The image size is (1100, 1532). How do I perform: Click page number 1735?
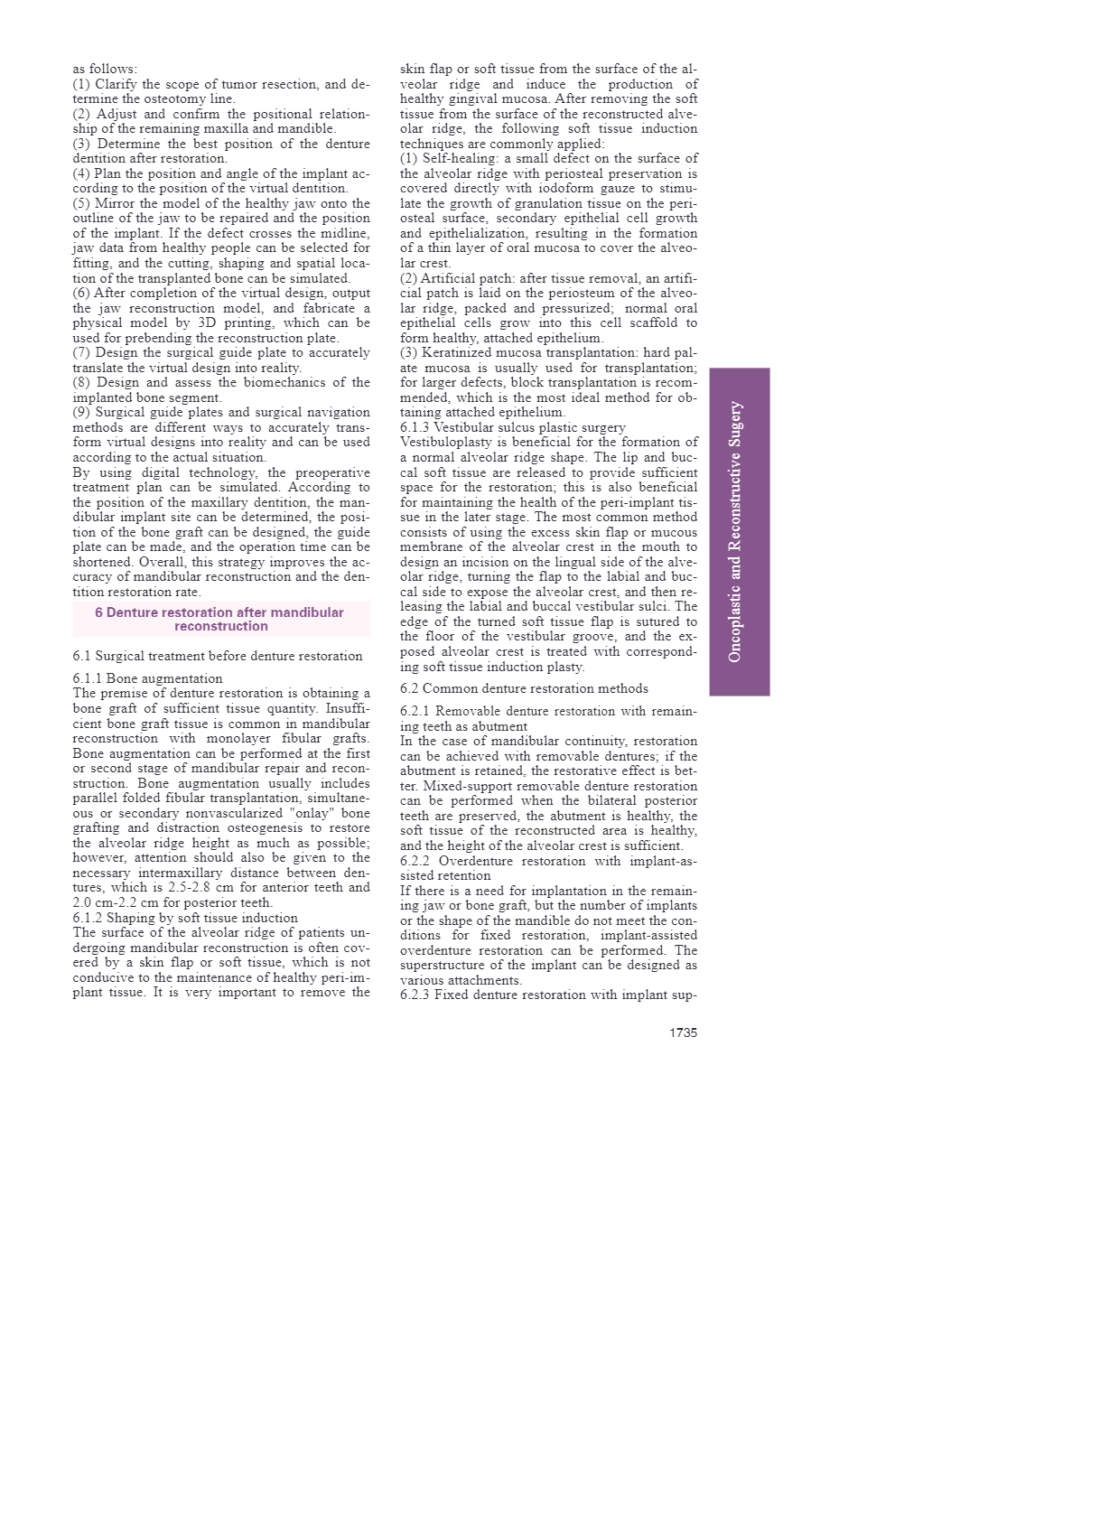tap(683, 1032)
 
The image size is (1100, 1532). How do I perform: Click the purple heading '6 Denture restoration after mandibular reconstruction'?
tap(220, 619)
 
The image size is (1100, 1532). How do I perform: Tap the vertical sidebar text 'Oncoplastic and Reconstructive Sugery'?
tap(736, 531)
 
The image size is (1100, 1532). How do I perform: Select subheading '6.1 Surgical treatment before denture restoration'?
tap(218, 656)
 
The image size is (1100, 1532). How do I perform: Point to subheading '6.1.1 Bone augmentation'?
tap(147, 678)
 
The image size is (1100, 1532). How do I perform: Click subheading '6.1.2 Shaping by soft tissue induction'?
tap(185, 918)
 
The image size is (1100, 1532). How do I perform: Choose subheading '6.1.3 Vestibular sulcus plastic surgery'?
tap(513, 427)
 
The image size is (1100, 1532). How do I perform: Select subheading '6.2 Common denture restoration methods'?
tap(524, 688)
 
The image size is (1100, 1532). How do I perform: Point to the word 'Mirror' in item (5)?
tap(116, 203)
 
